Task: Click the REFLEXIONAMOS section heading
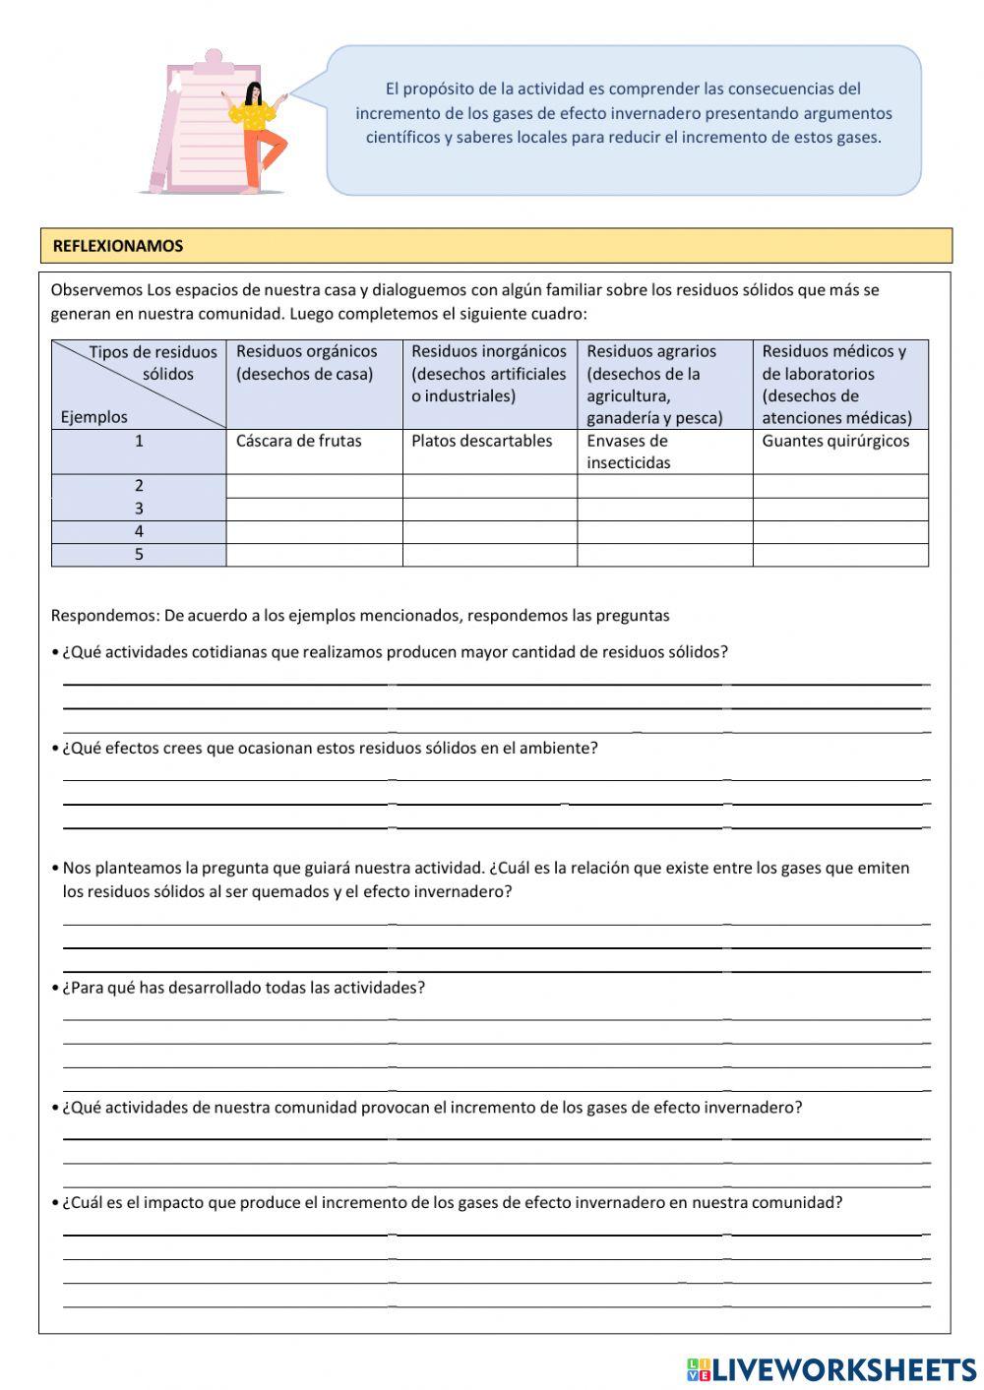click(x=118, y=246)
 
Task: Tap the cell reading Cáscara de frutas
click(x=299, y=441)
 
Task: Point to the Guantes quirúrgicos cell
click(x=835, y=441)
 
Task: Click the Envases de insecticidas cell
click(x=628, y=452)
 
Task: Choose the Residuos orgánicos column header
click(x=307, y=362)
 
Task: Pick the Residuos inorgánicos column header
click(x=489, y=373)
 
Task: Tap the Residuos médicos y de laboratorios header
click(x=836, y=384)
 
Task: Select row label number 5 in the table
click(x=139, y=555)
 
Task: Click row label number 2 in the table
click(x=139, y=485)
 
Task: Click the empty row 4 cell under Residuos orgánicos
click(x=314, y=532)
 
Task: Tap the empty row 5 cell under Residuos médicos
click(x=840, y=555)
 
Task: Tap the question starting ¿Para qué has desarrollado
click(x=243, y=988)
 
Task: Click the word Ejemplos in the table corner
click(x=93, y=417)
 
